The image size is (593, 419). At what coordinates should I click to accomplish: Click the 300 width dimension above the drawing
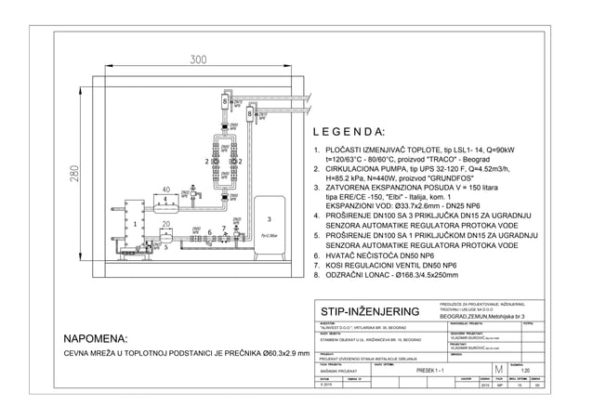(x=198, y=59)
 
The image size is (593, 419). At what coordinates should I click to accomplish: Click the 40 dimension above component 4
(x=166, y=189)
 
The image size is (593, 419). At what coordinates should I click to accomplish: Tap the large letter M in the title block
(x=500, y=372)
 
